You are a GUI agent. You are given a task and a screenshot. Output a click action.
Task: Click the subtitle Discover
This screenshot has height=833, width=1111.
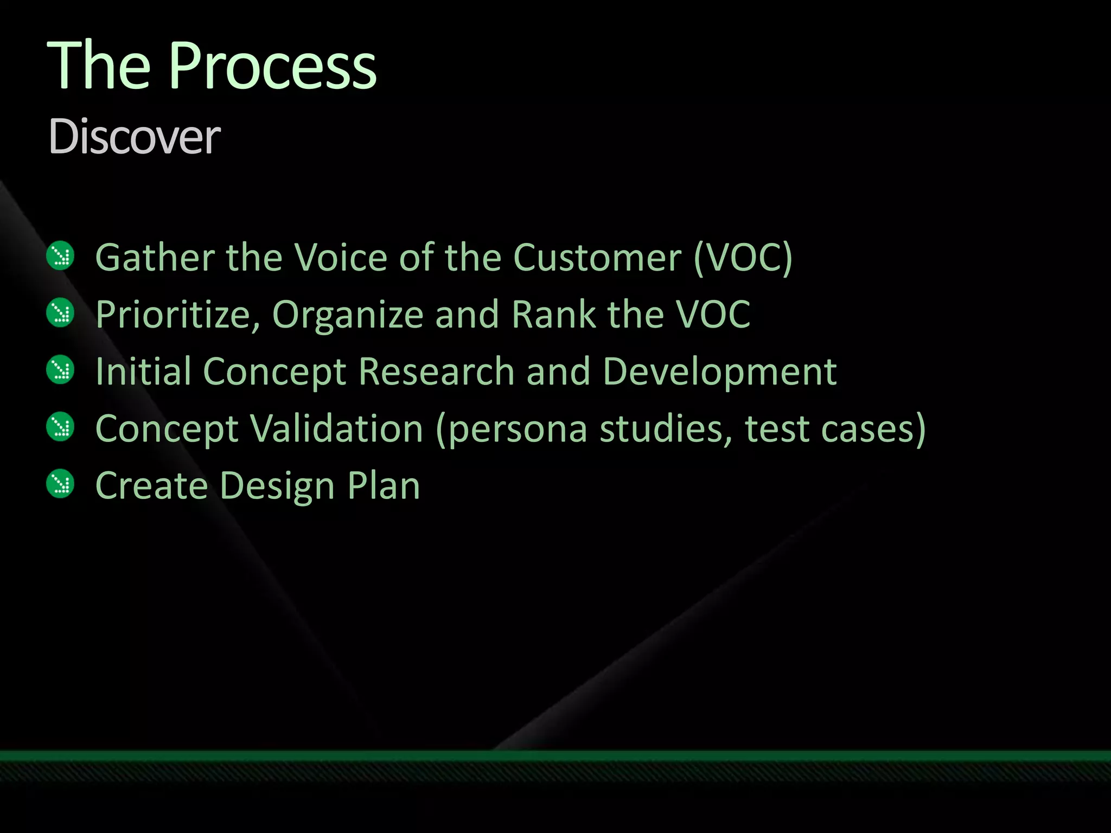[134, 137]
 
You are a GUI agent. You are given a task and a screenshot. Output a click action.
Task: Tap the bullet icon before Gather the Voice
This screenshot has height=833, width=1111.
[60, 255]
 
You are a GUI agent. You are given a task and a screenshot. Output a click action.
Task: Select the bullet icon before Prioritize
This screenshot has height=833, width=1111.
[60, 313]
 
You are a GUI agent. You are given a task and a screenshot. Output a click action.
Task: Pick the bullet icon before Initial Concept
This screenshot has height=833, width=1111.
[60, 370]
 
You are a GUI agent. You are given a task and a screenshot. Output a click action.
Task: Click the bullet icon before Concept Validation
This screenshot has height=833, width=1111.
[60, 427]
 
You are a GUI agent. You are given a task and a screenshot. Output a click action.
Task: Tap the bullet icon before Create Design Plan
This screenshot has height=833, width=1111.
[60, 484]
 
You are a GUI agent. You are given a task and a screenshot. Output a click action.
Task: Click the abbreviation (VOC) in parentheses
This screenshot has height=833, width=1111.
[743, 257]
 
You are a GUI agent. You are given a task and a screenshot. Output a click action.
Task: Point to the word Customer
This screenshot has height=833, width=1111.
[597, 257]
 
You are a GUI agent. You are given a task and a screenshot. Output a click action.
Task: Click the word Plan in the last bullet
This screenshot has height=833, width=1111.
[384, 485]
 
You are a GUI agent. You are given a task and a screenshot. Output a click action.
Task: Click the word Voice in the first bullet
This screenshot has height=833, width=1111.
[340, 257]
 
